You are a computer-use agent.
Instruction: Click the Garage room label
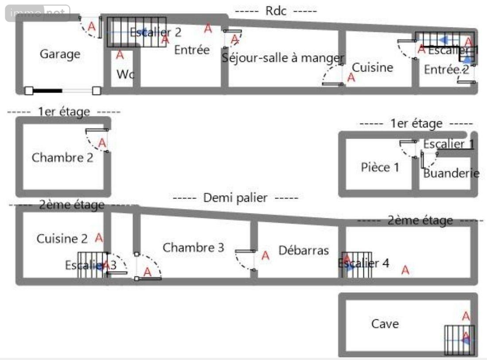[60, 54]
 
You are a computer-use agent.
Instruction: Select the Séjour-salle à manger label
[283, 58]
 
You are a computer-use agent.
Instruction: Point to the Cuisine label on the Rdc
[373, 67]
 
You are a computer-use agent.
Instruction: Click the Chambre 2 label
[62, 158]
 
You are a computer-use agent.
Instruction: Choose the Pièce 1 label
[380, 167]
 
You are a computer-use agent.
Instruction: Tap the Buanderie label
[451, 173]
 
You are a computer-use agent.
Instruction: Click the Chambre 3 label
[193, 248]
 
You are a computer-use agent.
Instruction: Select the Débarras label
[304, 251]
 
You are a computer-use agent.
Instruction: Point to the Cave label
[385, 324]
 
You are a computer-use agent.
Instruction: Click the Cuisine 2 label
[62, 239]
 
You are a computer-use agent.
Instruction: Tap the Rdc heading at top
[276, 11]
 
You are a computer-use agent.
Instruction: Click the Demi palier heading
[235, 198]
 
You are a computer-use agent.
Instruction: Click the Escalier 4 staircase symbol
[357, 265]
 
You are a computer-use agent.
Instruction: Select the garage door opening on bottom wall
[62, 91]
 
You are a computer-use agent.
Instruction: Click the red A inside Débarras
[265, 255]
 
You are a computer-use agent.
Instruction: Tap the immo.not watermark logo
[38, 13]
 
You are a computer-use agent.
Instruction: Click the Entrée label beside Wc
[191, 50]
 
